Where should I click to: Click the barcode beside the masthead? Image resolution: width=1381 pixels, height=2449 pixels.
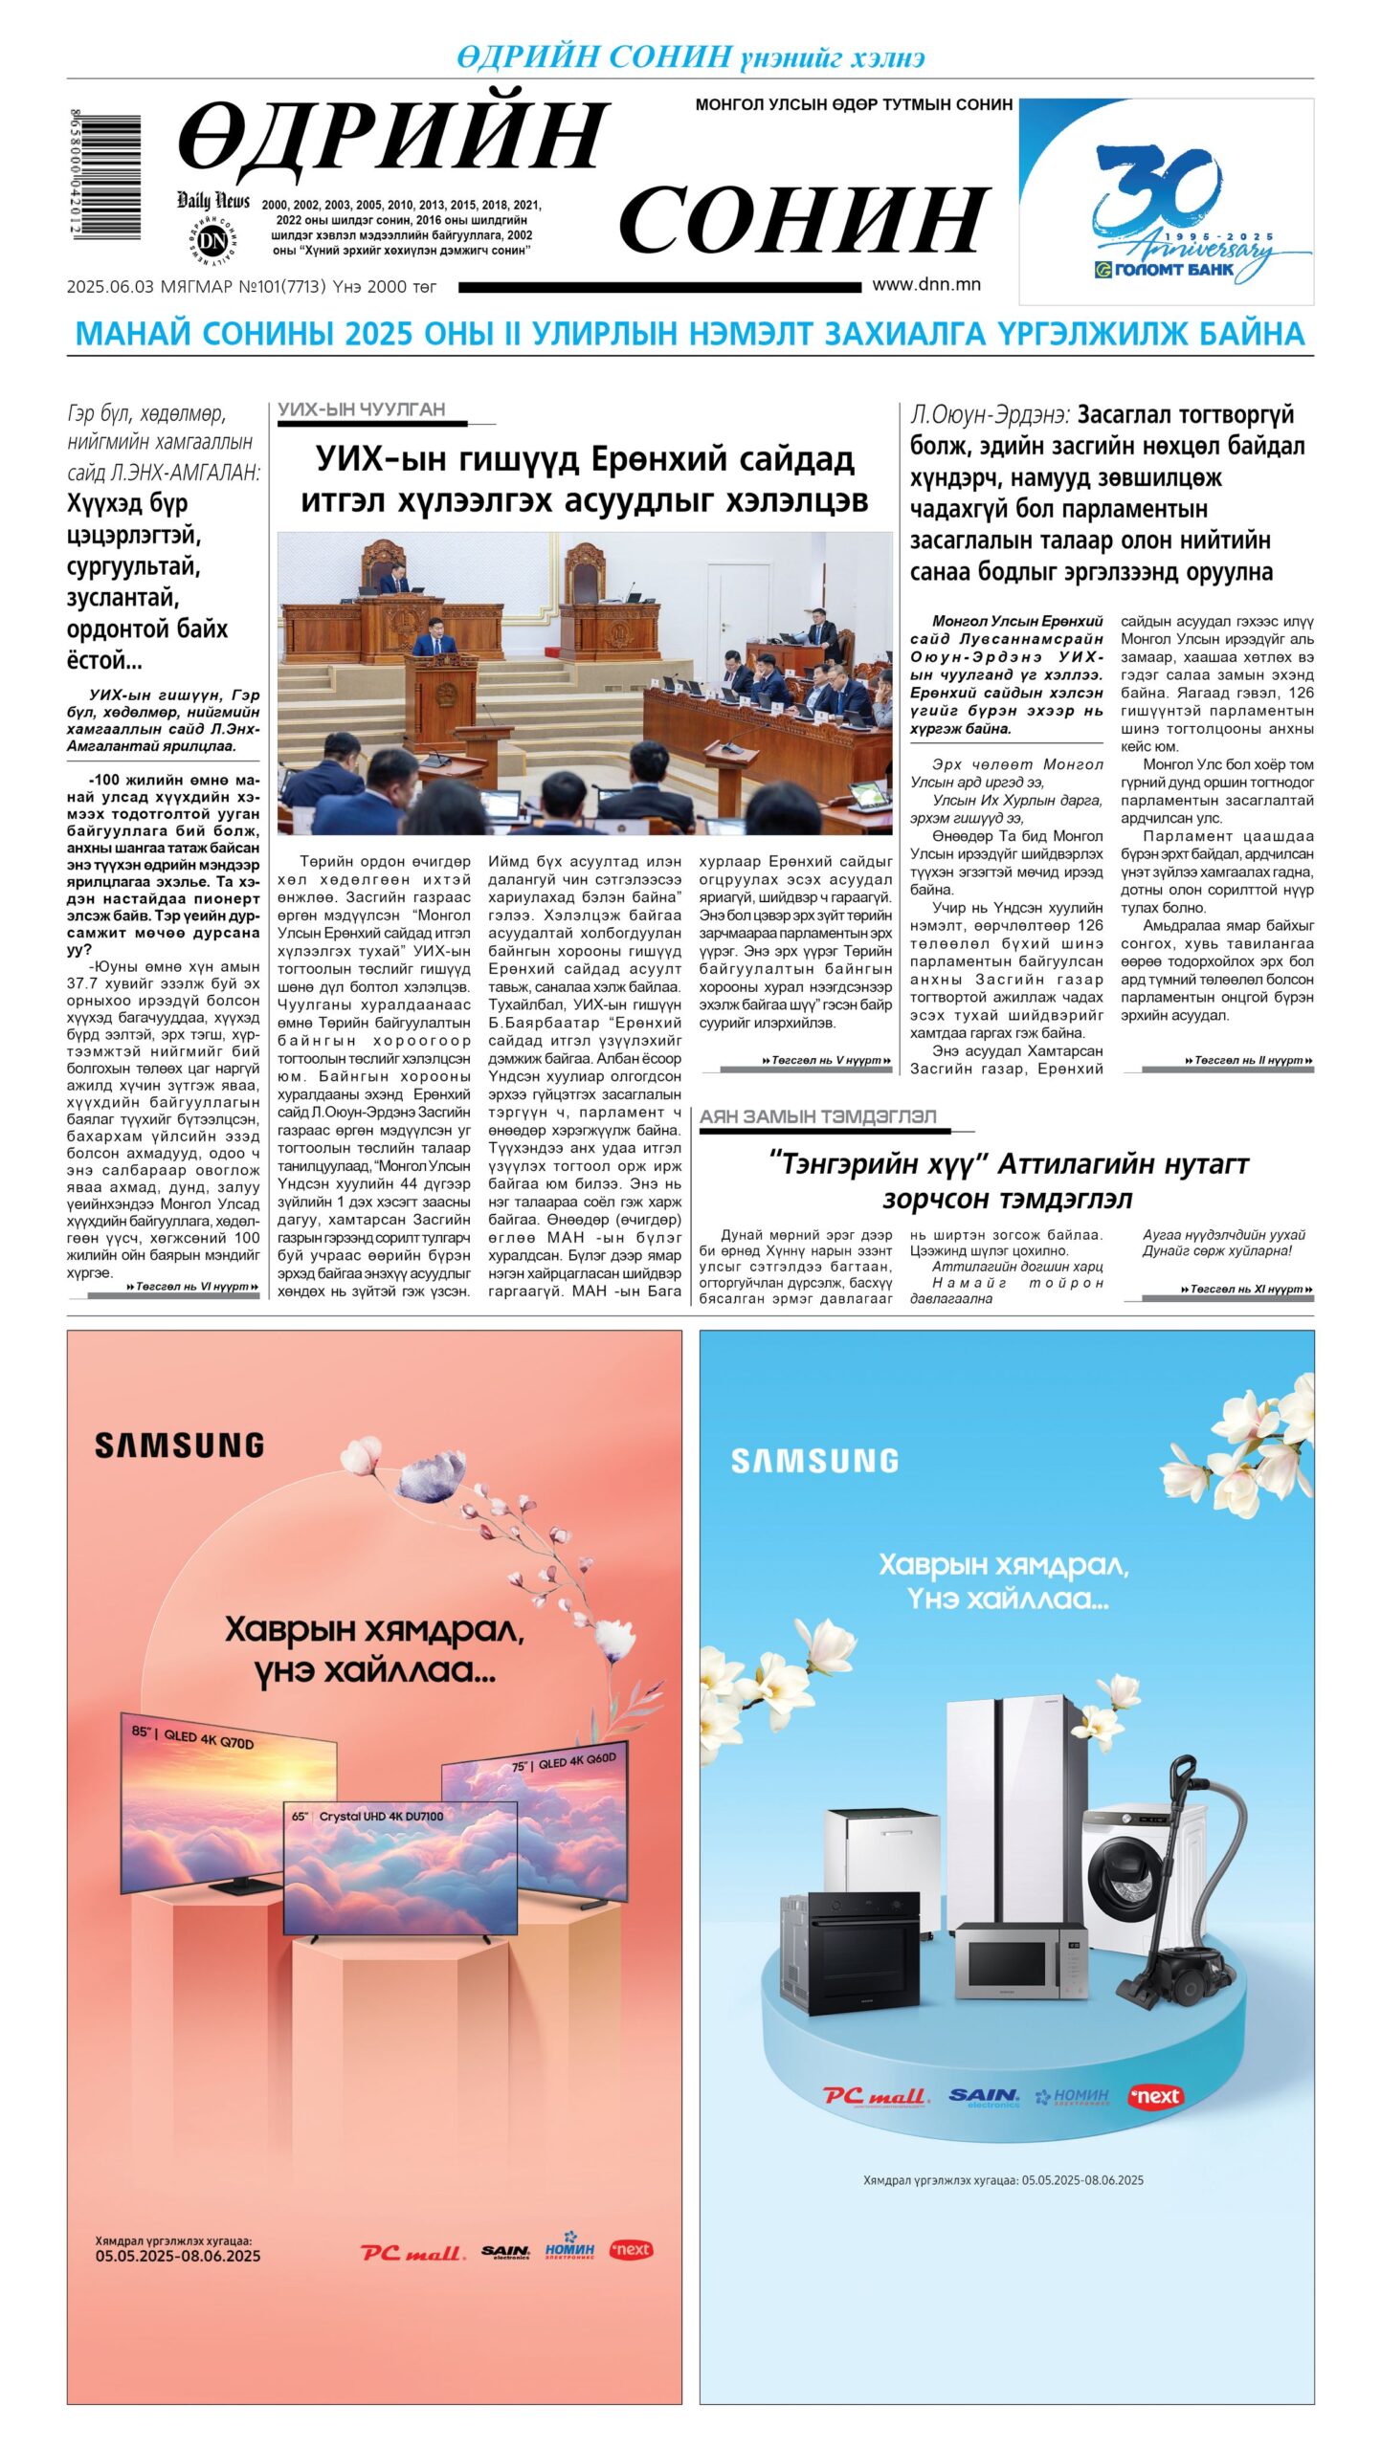coord(105,176)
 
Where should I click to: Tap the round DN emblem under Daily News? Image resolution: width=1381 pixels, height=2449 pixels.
coord(212,240)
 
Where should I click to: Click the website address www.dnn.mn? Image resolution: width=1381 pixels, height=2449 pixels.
coord(925,284)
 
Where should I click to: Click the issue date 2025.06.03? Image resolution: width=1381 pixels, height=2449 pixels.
coord(110,286)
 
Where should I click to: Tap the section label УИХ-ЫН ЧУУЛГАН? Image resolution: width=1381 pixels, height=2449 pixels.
coord(362,409)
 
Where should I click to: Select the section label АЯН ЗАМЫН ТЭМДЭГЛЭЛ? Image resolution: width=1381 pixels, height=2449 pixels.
coord(817,1116)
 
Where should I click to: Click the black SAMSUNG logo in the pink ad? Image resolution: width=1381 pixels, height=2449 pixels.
coord(179,1445)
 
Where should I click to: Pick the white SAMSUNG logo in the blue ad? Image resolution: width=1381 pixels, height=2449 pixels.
coord(814,1461)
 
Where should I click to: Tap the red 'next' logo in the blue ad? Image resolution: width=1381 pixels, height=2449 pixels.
coord(1155,2096)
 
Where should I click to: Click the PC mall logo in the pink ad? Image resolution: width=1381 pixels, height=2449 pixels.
coord(412,2252)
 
